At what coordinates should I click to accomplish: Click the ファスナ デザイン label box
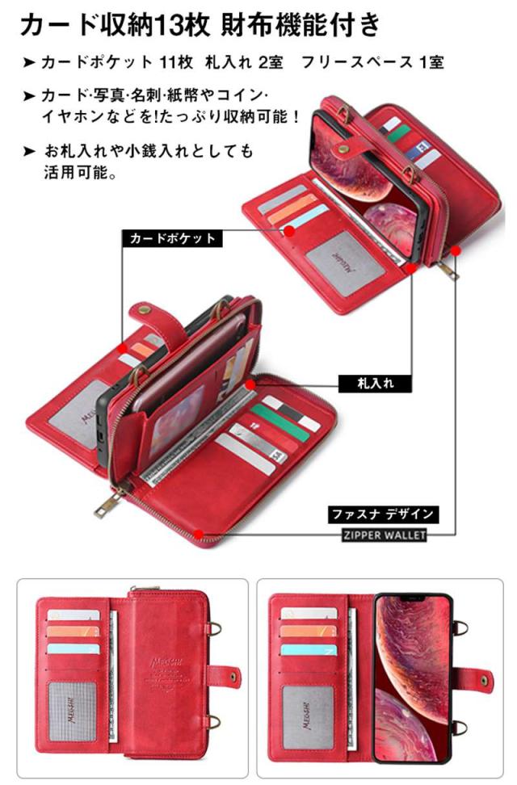tap(383, 514)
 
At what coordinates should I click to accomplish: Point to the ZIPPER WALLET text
tap(383, 534)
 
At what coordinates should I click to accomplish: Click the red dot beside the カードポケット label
tap(289, 233)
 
